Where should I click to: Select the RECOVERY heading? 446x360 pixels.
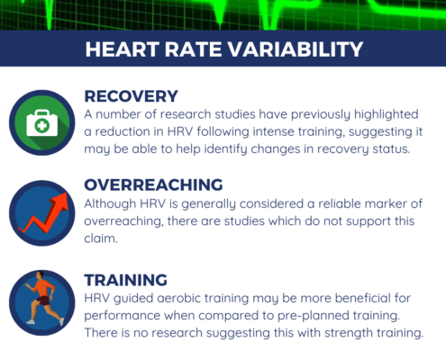tap(132, 96)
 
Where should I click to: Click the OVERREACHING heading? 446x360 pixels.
tap(153, 184)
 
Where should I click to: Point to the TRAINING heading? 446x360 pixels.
tap(126, 280)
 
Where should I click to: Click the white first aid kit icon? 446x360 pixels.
tap(42, 122)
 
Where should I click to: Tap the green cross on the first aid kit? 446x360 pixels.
tap(42, 125)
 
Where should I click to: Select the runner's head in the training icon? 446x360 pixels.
tap(40, 274)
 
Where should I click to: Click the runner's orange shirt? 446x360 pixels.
tap(42, 287)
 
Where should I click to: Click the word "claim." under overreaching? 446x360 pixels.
tap(101, 238)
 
